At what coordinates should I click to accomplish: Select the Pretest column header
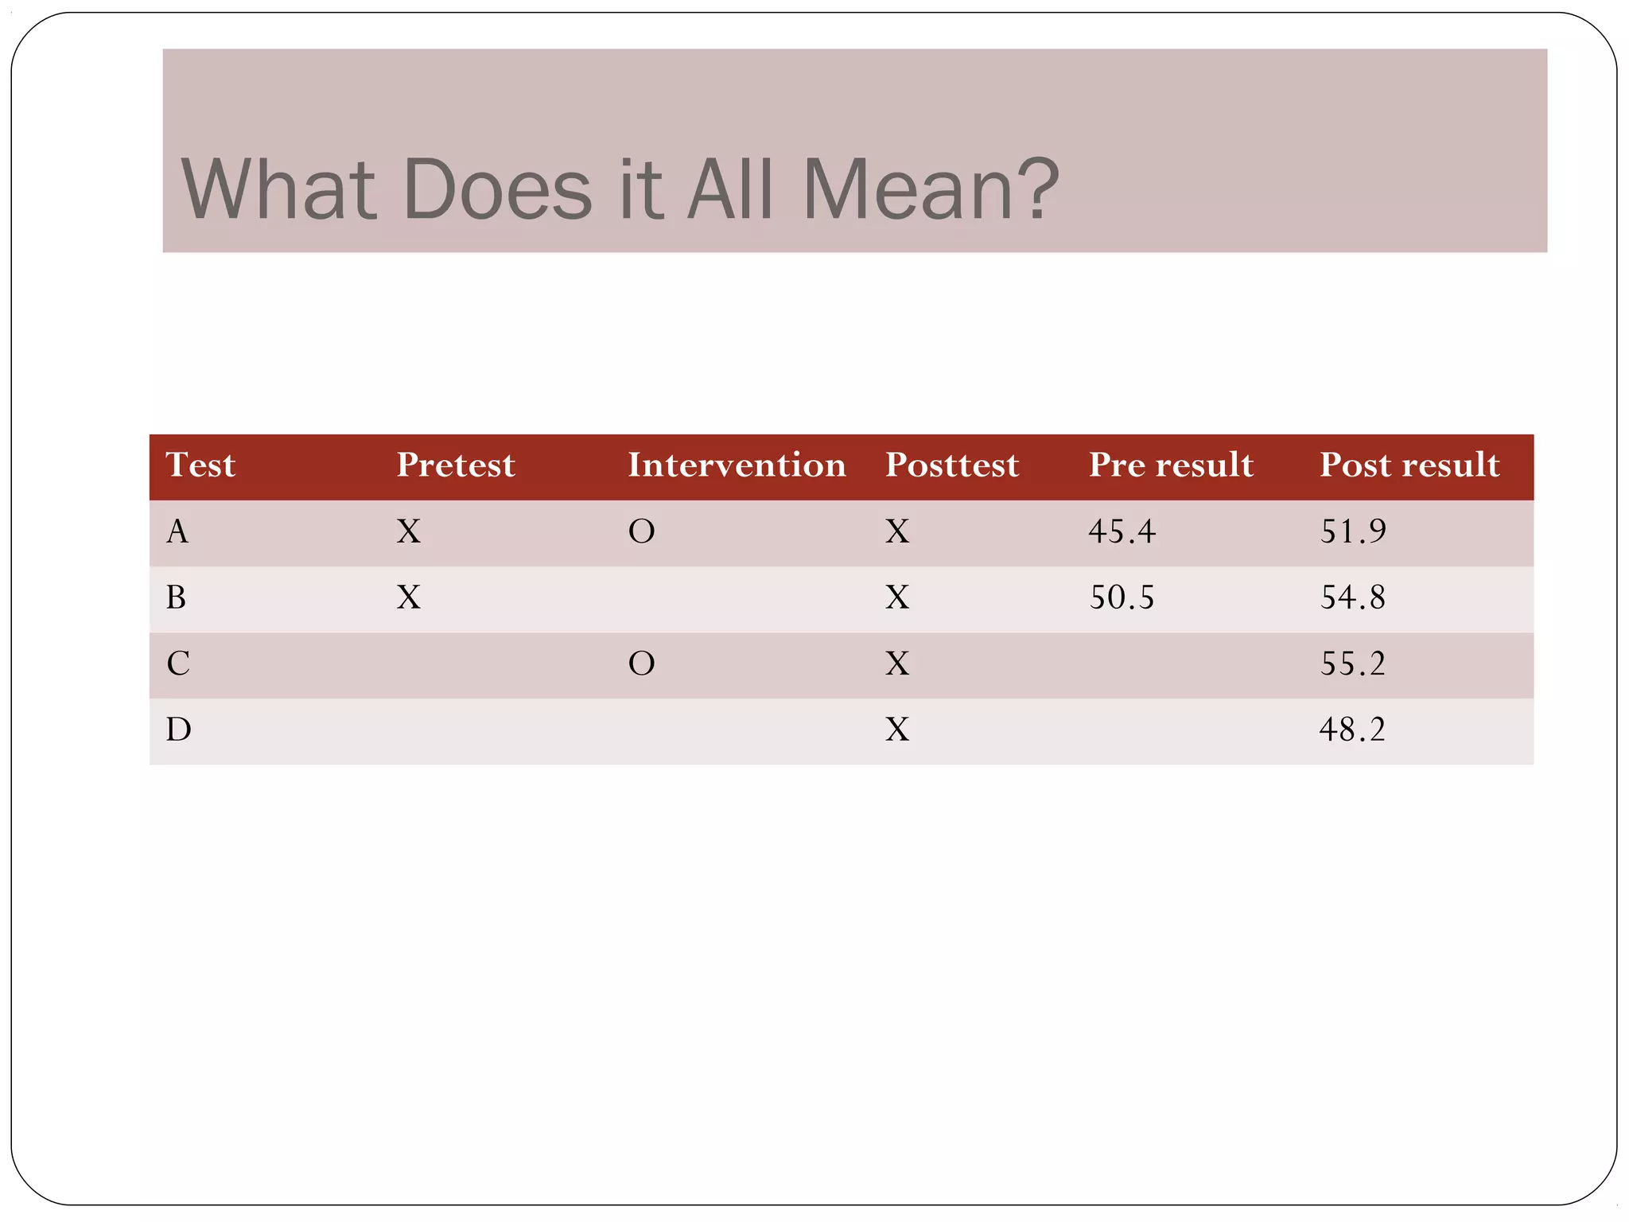point(456,465)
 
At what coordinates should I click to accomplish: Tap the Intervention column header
point(737,465)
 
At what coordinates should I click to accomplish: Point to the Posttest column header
point(952,465)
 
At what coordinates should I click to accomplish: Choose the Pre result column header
point(1171,465)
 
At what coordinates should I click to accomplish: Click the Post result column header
point(1409,465)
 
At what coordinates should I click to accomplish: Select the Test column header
point(200,465)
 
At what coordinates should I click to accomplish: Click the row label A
point(177,531)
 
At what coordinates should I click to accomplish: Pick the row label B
point(177,597)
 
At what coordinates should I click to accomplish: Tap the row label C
point(178,664)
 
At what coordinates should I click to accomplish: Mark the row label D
point(178,730)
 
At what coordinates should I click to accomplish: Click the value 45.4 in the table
point(1122,531)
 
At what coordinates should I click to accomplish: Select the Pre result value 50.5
point(1122,597)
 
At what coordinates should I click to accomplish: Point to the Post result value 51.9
point(1353,531)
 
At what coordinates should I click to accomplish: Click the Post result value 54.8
point(1353,597)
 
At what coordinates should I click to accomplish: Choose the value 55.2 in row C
point(1353,664)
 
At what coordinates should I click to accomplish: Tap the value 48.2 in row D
point(1352,730)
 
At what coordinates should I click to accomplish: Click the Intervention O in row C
point(641,664)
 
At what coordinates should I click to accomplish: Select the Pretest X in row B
point(409,597)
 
